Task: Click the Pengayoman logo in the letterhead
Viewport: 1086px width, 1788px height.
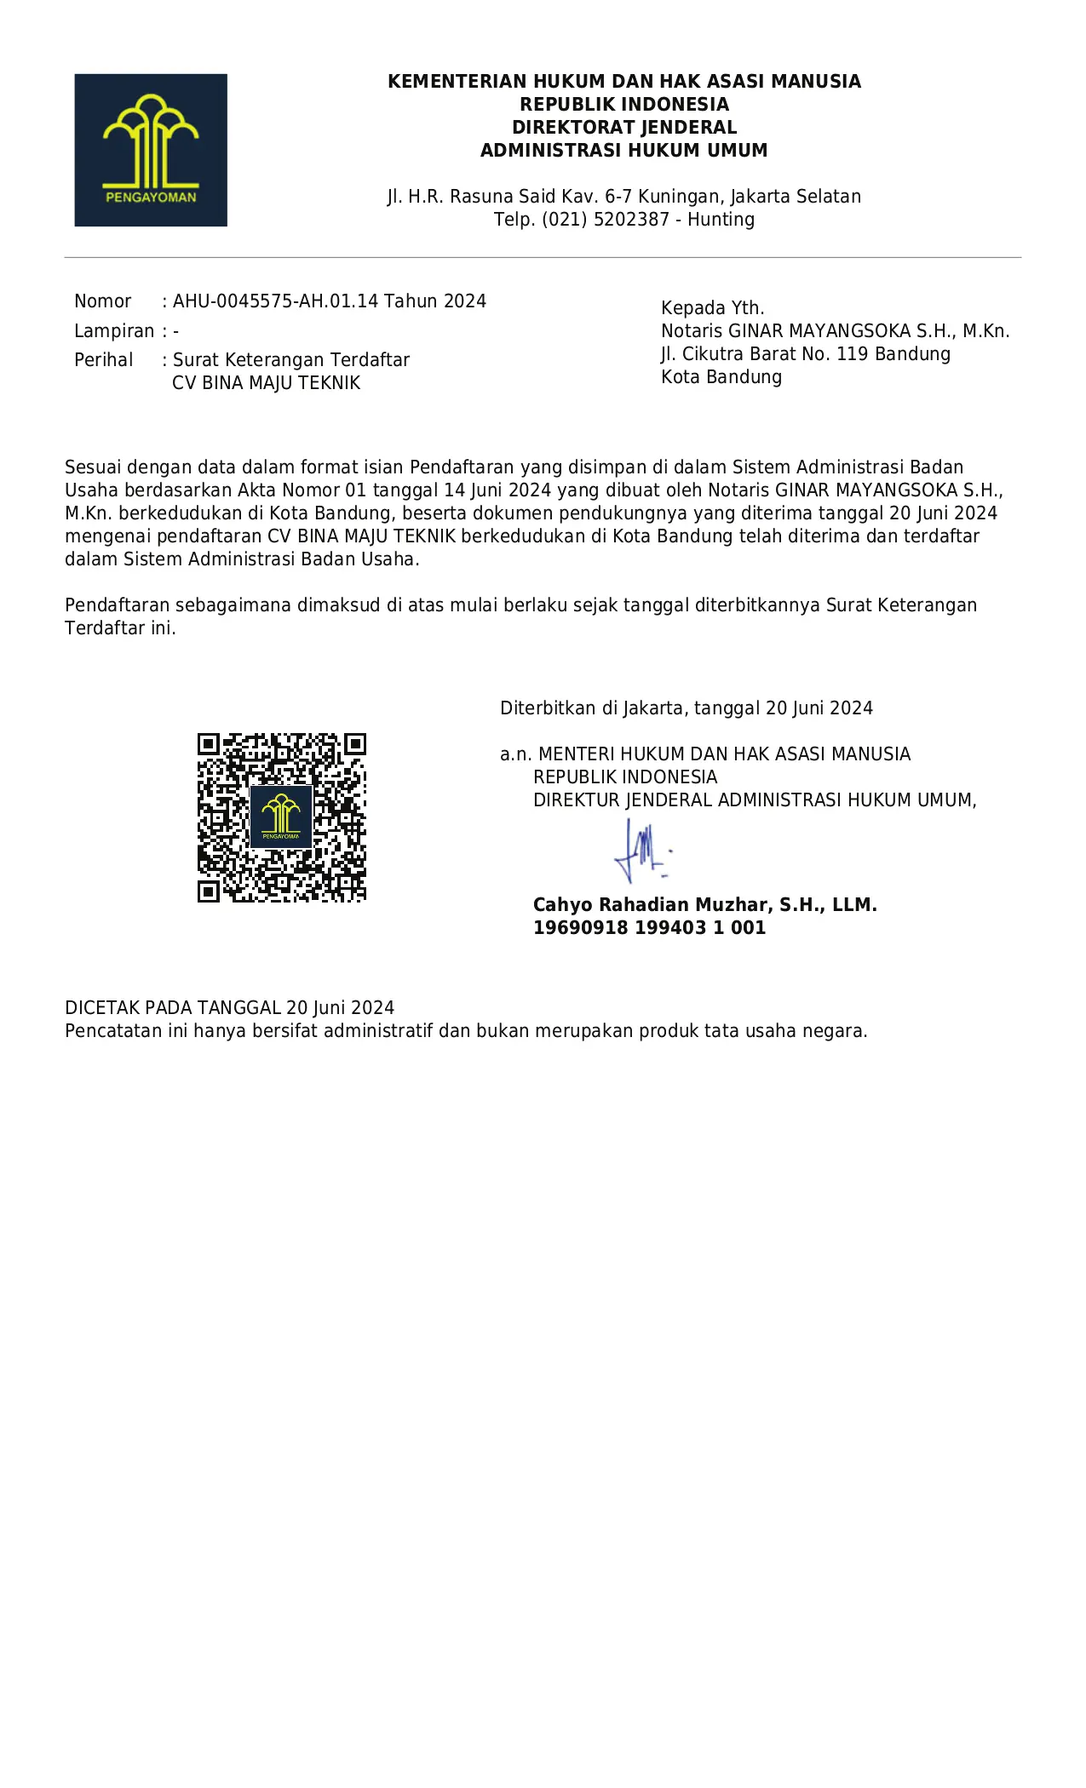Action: pos(151,150)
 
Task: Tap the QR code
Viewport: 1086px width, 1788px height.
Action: pos(281,817)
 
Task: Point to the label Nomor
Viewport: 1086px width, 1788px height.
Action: pos(102,301)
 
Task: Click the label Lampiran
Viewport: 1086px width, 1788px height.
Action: pos(114,331)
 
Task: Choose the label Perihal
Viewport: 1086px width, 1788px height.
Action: pos(103,360)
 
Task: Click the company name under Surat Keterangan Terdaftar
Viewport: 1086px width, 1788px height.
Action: pos(267,383)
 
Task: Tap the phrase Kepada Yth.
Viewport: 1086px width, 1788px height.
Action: pos(713,308)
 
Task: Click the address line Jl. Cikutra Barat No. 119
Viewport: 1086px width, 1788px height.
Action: pos(805,354)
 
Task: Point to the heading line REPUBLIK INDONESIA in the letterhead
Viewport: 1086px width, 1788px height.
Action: pos(624,105)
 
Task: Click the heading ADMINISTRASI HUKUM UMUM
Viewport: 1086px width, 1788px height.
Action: pos(624,151)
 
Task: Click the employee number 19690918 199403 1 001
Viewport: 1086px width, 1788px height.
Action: pos(649,928)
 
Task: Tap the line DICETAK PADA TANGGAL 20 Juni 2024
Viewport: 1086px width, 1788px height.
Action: pos(230,1008)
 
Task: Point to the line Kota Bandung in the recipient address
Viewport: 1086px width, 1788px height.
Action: pos(721,377)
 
